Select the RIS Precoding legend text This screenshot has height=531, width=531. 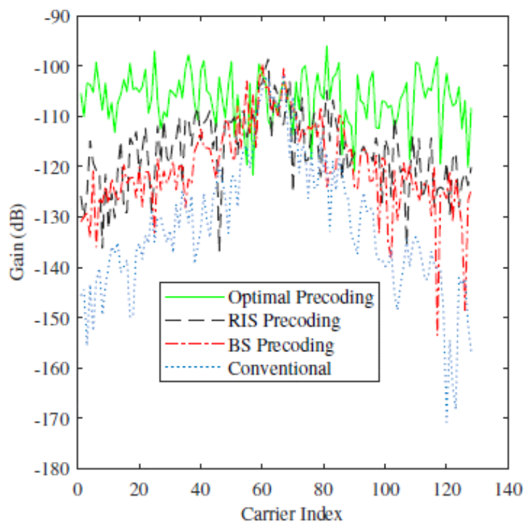coord(283,321)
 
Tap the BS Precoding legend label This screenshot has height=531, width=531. coord(280,344)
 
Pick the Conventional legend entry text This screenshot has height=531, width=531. coord(279,368)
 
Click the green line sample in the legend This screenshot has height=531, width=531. coord(194,297)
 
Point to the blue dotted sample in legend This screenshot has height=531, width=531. coord(194,368)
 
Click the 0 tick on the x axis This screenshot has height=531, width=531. coord(78,487)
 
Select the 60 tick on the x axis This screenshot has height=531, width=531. coord(262,487)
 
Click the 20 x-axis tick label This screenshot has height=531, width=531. coord(139,487)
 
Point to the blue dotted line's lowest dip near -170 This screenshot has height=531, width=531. coord(446,420)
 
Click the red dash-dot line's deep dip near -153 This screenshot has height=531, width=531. coord(437,335)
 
